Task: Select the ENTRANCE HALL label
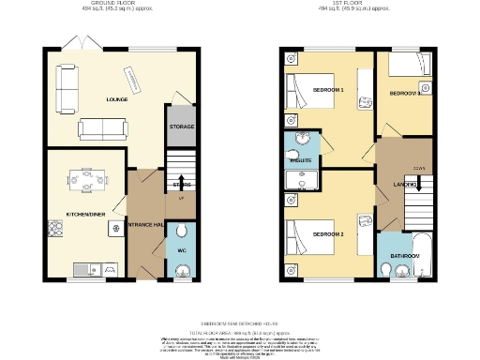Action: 146,226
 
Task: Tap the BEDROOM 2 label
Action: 328,233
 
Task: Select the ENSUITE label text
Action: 302,162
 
